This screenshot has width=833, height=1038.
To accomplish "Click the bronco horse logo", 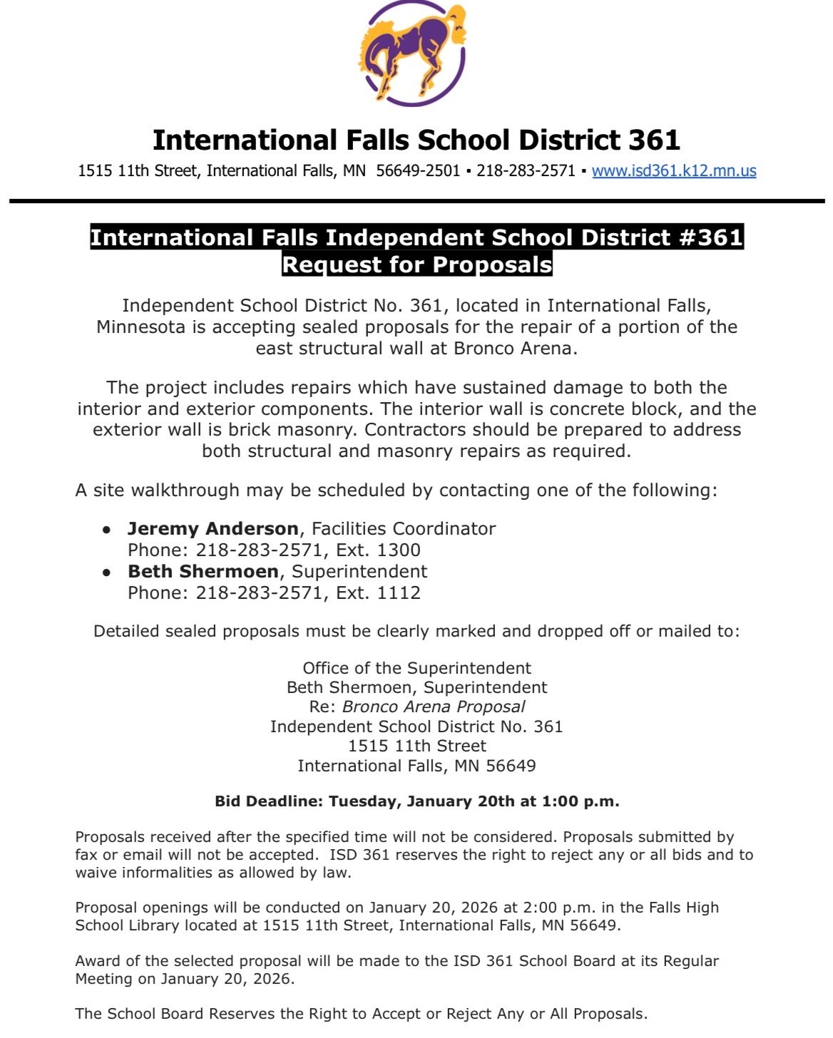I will click(x=414, y=53).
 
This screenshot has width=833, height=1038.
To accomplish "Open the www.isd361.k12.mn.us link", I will click(x=674, y=171).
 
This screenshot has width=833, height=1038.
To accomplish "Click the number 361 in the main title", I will click(x=654, y=140).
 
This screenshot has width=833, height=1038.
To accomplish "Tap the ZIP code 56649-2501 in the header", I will click(x=418, y=171).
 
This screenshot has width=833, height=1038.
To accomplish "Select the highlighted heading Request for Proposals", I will click(x=416, y=264).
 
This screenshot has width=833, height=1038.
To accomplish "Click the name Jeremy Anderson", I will click(x=213, y=529).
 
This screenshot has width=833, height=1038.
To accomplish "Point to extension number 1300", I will click(x=399, y=550).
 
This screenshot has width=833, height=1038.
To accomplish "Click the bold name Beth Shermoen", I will click(x=203, y=572).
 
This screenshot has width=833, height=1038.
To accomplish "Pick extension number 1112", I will click(x=399, y=593).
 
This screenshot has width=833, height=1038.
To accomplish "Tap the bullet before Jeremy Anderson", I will click(x=106, y=530).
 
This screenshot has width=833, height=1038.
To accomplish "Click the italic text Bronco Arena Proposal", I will click(x=434, y=707).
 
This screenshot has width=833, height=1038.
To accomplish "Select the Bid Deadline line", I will click(x=416, y=801).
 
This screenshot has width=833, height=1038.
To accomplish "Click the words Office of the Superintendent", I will click(x=416, y=669).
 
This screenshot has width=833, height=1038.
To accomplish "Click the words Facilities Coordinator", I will click(x=404, y=529).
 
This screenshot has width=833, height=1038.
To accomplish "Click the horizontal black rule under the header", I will click(x=416, y=202).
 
